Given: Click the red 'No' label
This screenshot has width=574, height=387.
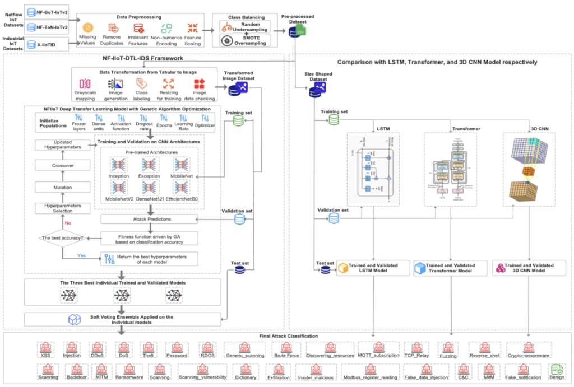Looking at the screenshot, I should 68,223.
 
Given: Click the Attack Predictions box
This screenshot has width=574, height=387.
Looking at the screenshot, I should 150,220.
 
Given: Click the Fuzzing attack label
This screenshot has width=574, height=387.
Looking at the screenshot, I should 448,356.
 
